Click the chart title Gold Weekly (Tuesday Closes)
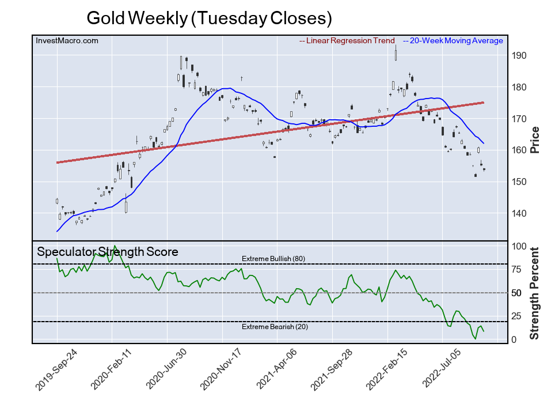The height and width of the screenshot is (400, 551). tap(209, 18)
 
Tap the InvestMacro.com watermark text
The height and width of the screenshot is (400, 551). tap(67, 40)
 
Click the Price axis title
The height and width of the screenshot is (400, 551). tap(534, 139)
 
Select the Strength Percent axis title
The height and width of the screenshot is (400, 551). tap(534, 293)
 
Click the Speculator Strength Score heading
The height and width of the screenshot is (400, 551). tap(107, 252)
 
